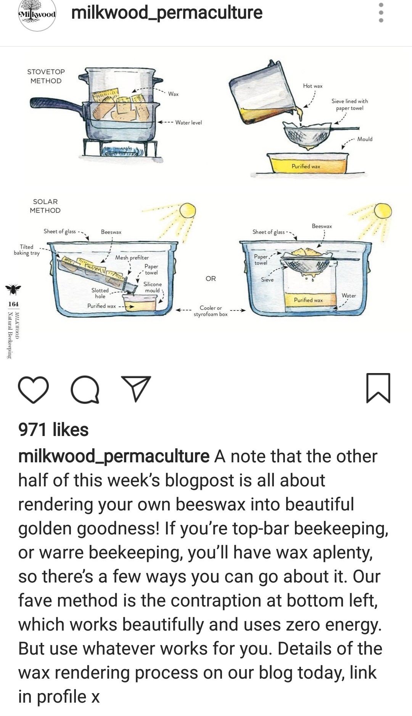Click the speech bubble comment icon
pyautogui.click(x=85, y=389)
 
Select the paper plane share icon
pyautogui.click(x=136, y=388)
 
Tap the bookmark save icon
pyautogui.click(x=378, y=388)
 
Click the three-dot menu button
pyautogui.click(x=381, y=13)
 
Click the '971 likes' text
pyautogui.click(x=53, y=430)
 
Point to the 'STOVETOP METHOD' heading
pyautogui.click(x=46, y=76)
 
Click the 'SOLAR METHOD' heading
pyautogui.click(x=45, y=206)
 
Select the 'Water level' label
pyautogui.click(x=188, y=122)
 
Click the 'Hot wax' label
pyautogui.click(x=313, y=86)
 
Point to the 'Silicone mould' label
pyautogui.click(x=153, y=287)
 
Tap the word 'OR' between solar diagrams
pyautogui.click(x=211, y=278)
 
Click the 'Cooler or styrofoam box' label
pyautogui.click(x=211, y=311)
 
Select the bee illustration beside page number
pyautogui.click(x=13, y=289)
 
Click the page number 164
pyautogui.click(x=13, y=304)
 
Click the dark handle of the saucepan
pyautogui.click(x=56, y=104)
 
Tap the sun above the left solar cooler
pyautogui.click(x=187, y=211)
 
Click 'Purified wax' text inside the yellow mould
pyautogui.click(x=306, y=166)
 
